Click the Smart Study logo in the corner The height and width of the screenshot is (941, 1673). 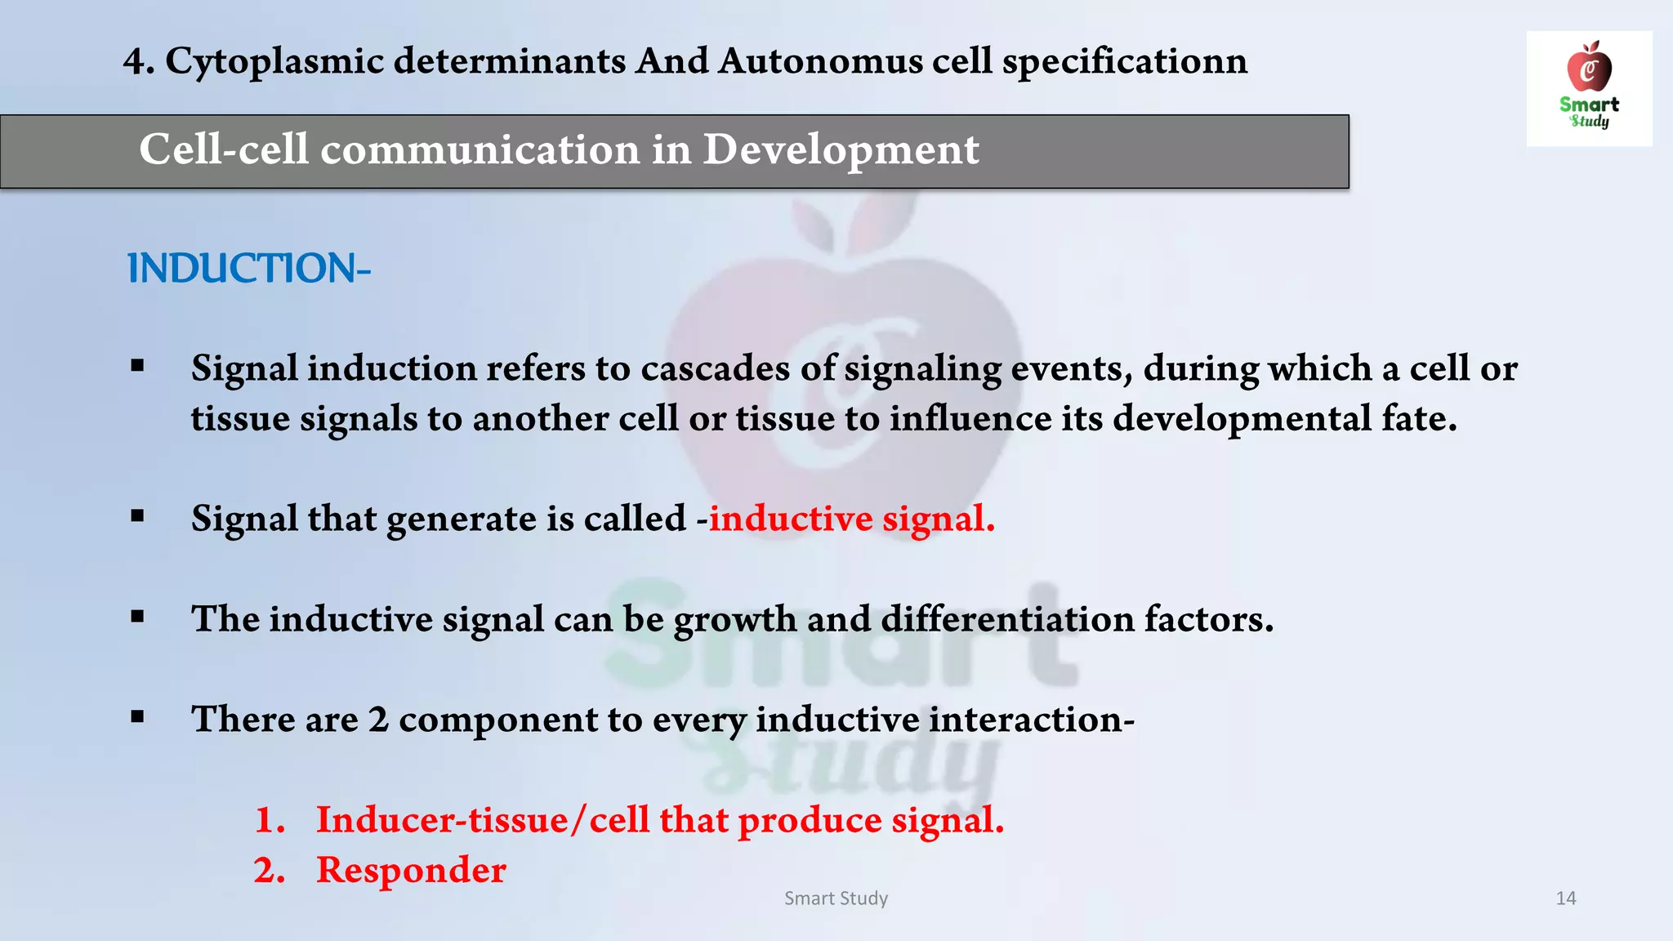pos(1589,88)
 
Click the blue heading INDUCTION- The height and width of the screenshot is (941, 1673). pos(249,269)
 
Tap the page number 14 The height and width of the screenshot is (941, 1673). pos(1565,899)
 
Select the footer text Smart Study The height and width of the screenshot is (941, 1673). pos(836,899)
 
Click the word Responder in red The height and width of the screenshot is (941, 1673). pos(411,870)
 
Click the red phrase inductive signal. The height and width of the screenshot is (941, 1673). pos(852,519)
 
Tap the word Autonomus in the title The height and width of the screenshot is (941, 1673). pos(820,61)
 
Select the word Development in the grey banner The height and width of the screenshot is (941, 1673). pos(841,149)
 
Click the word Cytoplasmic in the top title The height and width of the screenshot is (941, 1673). pos(274,61)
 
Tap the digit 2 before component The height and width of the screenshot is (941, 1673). pos(377,720)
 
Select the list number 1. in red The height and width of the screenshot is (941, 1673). pos(270,820)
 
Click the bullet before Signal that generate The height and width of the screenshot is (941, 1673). pos(137,516)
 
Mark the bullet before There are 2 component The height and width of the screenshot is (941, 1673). pos(137,717)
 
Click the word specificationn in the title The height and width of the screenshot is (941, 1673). pos(1125,61)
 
